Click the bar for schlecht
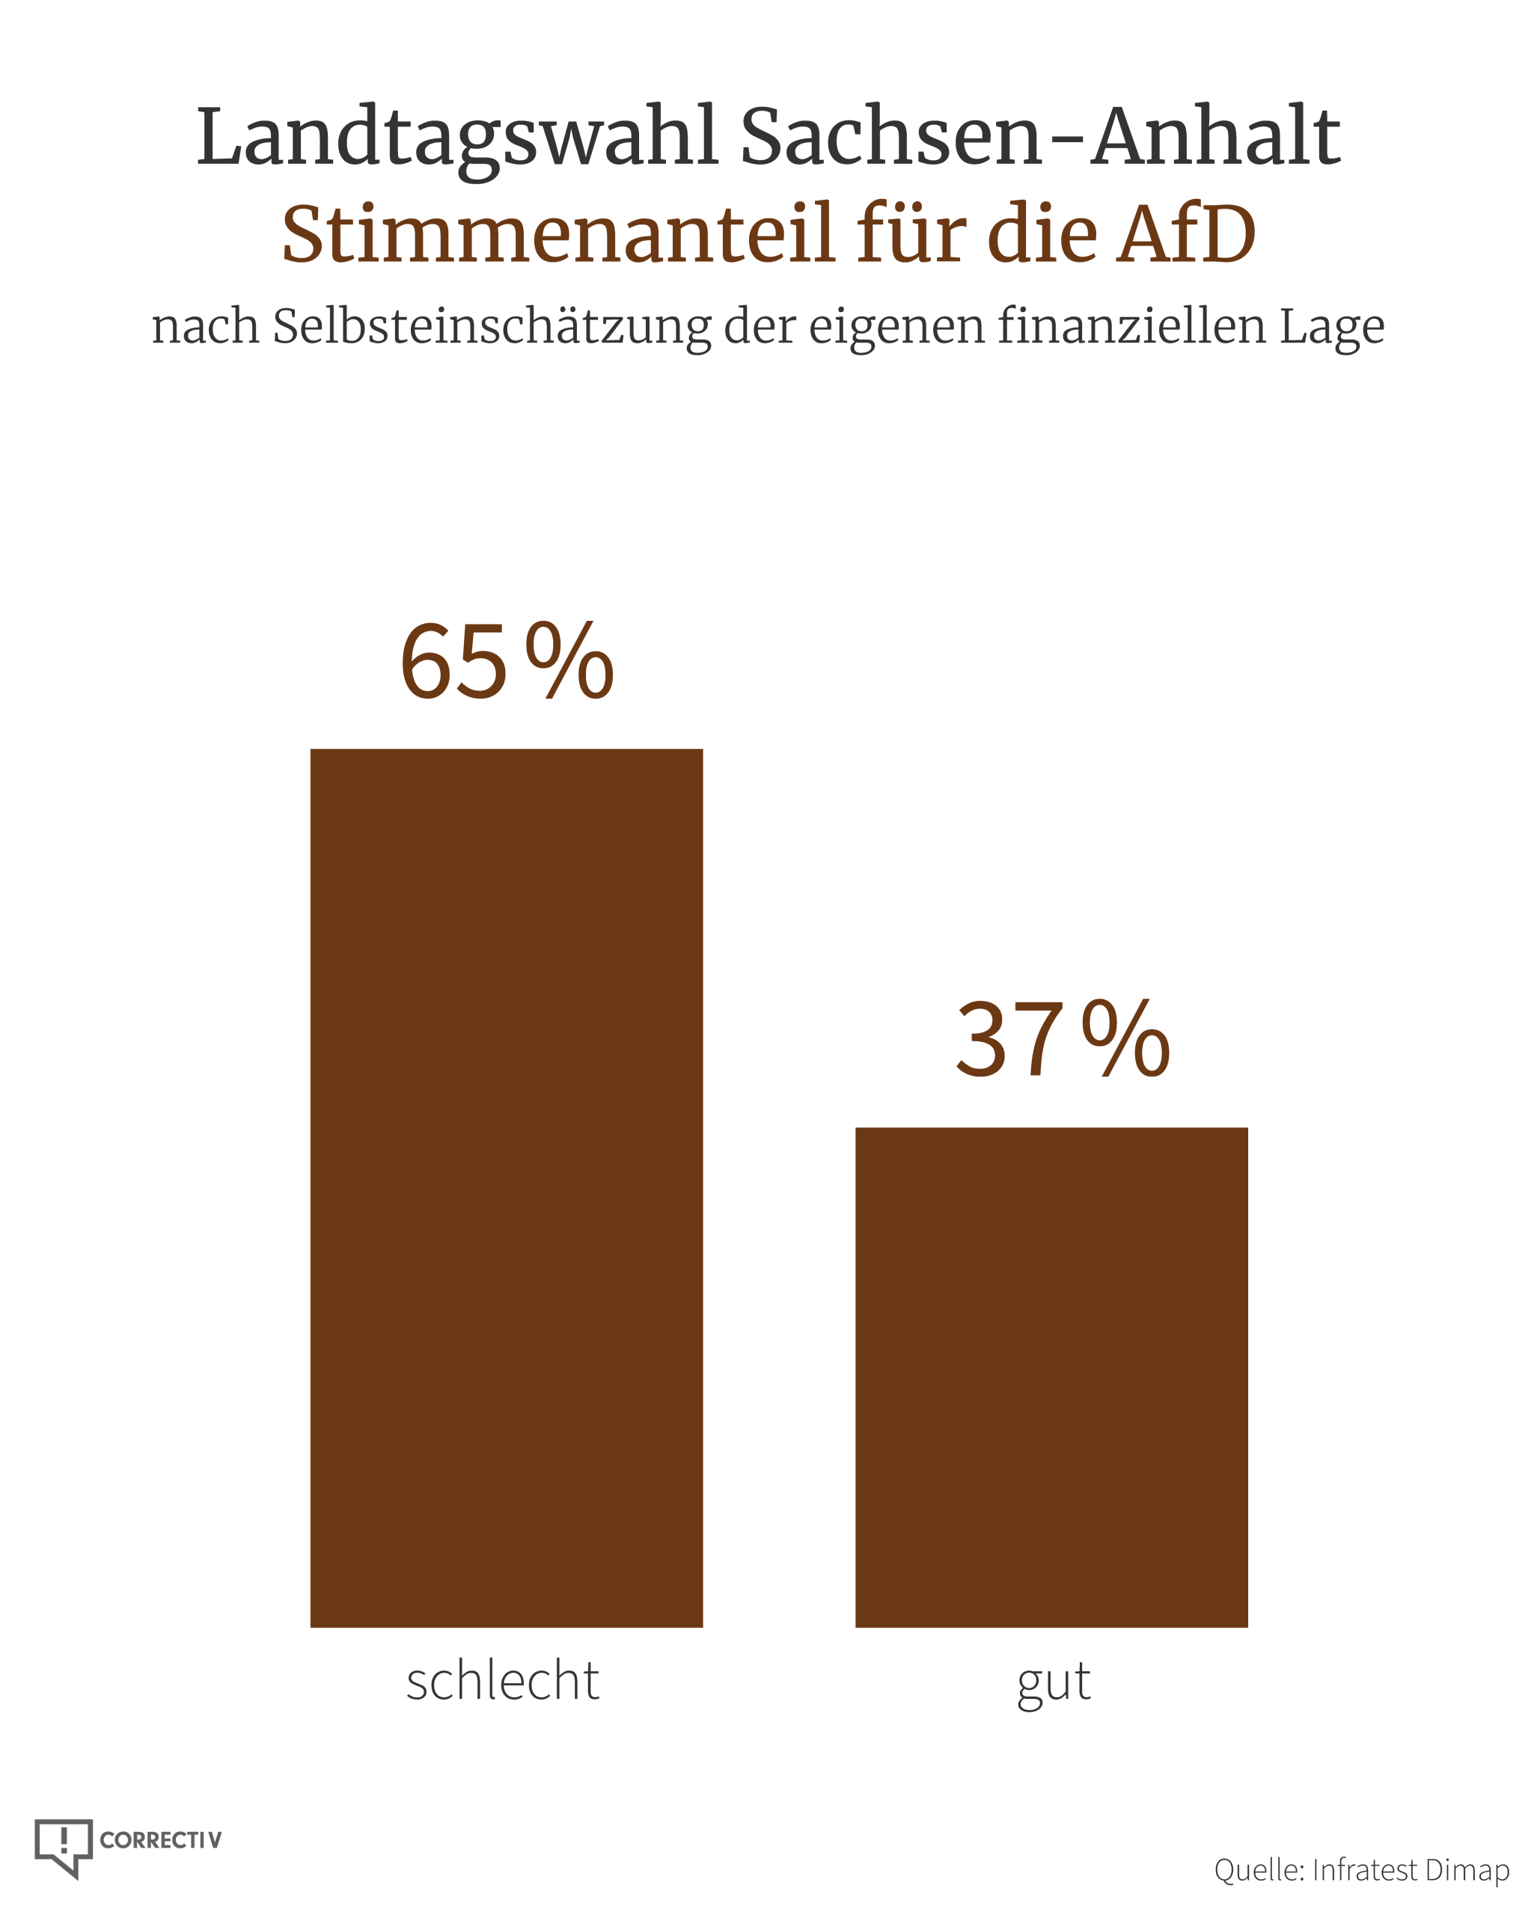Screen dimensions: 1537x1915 (506, 1188)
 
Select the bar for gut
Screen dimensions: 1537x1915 (1051, 1376)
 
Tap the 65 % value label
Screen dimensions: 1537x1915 (507, 661)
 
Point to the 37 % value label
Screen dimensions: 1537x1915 (1063, 1038)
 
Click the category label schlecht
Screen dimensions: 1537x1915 (503, 1682)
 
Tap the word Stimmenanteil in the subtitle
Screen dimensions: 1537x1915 (559, 233)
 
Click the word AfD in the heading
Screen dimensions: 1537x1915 (1187, 233)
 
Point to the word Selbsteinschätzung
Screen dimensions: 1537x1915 (492, 328)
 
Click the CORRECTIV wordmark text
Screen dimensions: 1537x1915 (161, 1839)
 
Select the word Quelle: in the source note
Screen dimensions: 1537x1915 (1259, 1869)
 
